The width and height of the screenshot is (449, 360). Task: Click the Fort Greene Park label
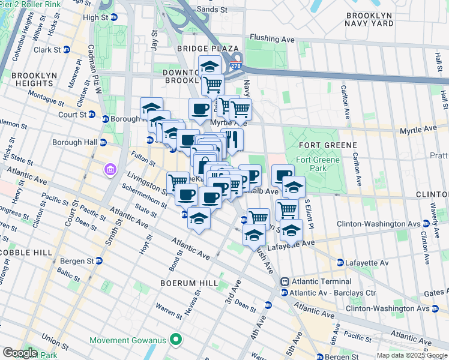coord(318,164)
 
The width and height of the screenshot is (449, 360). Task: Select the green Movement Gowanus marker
coord(176,341)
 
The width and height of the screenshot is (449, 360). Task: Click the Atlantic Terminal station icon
coord(285,281)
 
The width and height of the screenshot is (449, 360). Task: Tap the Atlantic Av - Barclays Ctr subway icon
coord(284,293)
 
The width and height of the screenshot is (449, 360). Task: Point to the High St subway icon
coord(113,17)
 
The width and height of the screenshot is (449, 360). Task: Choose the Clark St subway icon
coord(65,50)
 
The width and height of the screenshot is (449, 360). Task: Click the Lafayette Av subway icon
coord(340,263)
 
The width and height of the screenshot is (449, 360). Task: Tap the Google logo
coord(19,353)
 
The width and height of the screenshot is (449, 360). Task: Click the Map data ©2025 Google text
coord(412,355)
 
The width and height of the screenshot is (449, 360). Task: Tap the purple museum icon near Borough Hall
coord(110,170)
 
